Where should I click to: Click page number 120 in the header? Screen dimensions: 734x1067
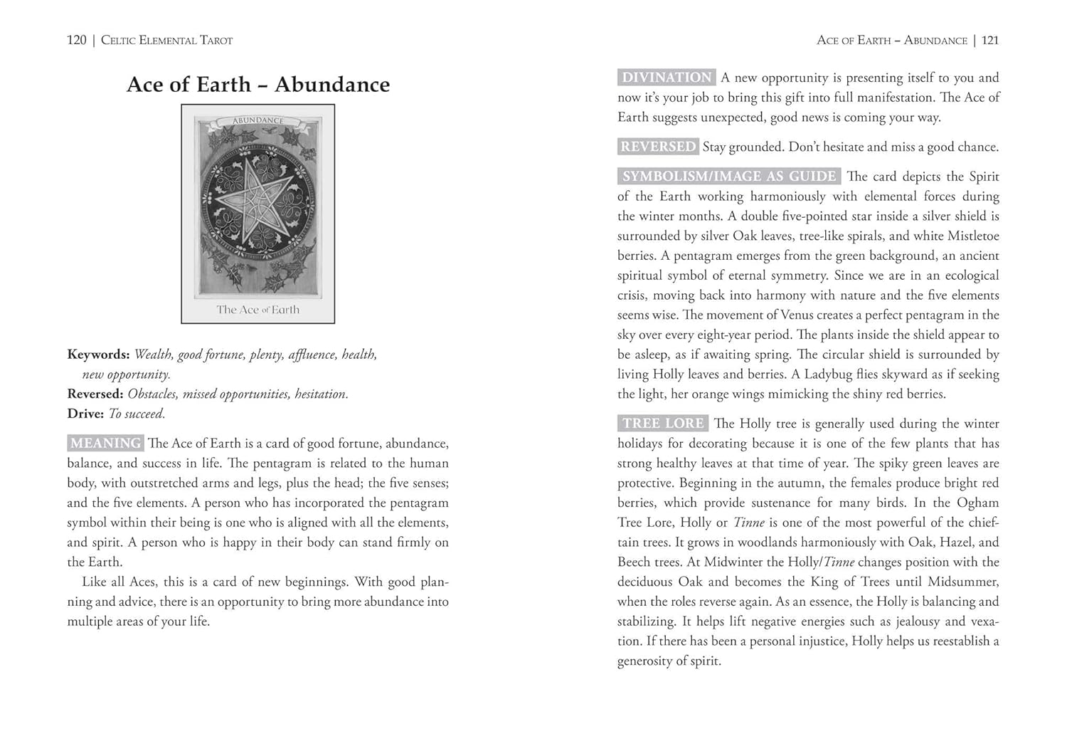(77, 41)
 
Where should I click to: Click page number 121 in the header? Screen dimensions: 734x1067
(990, 41)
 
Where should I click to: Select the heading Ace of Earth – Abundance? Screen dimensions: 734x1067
(258, 85)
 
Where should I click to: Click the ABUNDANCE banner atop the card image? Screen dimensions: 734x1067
(258, 121)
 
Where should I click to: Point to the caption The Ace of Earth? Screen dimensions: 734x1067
(258, 310)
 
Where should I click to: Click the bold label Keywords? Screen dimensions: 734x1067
(98, 355)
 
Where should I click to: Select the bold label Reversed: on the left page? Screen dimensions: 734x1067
(95, 394)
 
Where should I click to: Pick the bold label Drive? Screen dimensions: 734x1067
(85, 414)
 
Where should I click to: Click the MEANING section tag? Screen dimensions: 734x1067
(105, 444)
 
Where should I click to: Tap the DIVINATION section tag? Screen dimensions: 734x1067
(667, 78)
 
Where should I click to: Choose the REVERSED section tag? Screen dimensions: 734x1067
(658, 147)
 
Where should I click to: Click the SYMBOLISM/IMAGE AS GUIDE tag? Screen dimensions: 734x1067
(729, 177)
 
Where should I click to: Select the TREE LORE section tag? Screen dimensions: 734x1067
(663, 424)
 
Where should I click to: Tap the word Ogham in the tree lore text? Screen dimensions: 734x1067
(977, 503)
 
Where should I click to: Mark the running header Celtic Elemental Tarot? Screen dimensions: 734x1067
(166, 41)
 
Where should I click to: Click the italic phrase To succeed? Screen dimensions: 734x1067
(137, 414)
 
